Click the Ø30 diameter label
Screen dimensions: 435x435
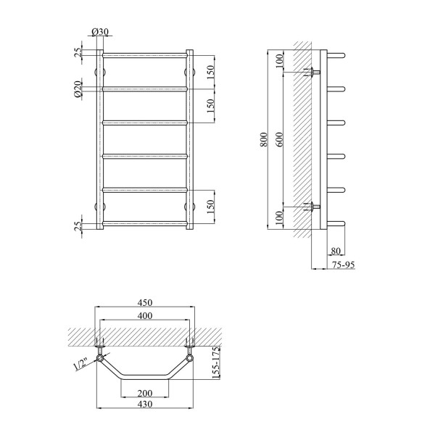[99, 32]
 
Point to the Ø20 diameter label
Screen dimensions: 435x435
[78, 89]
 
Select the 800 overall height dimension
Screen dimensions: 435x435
[264, 139]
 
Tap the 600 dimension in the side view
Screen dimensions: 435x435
[280, 139]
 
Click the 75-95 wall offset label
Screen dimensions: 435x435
[344, 265]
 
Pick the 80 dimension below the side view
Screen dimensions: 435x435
[336, 251]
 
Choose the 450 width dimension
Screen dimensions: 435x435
[145, 302]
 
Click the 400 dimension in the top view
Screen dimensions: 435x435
[145, 315]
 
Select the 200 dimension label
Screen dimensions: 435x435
[145, 393]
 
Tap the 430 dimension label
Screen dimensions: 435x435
[145, 404]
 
